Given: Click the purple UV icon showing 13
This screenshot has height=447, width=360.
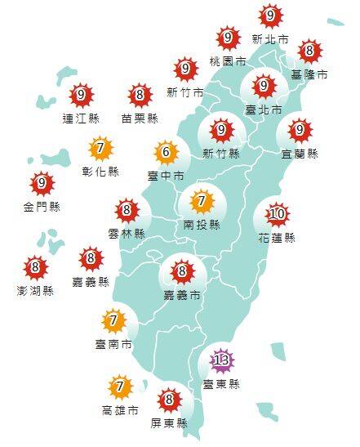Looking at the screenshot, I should pyautogui.click(x=220, y=360).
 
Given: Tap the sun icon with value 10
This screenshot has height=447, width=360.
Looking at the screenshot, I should pyautogui.click(x=278, y=215).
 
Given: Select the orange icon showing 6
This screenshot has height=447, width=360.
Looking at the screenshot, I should pyautogui.click(x=167, y=152).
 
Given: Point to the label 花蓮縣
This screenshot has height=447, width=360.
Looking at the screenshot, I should pyautogui.click(x=278, y=238).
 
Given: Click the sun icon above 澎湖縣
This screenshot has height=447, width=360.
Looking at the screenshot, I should pyautogui.click(x=35, y=267).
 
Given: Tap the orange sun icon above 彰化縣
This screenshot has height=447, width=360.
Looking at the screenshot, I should pyautogui.click(x=101, y=149).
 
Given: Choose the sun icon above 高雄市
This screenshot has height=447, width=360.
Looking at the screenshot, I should pyautogui.click(x=121, y=386).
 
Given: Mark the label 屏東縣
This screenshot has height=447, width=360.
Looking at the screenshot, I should pyautogui.click(x=170, y=422).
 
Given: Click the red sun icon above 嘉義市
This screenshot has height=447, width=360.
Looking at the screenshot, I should pyautogui.click(x=182, y=270).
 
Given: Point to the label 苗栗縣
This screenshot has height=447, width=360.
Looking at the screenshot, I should pyautogui.click(x=140, y=118).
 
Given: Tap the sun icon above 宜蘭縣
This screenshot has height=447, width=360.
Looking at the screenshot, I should pyautogui.click(x=300, y=129).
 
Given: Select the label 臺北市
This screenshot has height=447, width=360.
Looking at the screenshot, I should pyautogui.click(x=264, y=109).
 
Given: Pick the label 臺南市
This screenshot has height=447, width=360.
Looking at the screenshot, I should pyautogui.click(x=113, y=345).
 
